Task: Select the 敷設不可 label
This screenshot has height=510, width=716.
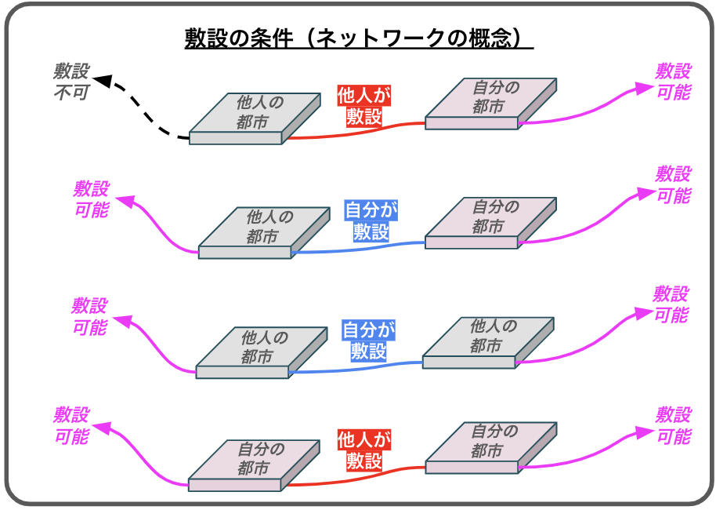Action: (71, 82)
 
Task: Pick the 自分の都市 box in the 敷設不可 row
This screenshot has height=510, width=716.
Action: (490, 101)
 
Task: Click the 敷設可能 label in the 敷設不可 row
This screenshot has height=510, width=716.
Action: (673, 82)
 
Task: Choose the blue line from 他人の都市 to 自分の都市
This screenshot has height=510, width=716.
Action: (360, 248)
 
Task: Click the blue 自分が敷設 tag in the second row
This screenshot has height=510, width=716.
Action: (371, 221)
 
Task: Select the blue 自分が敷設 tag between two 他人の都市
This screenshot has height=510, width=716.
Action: (368, 340)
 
